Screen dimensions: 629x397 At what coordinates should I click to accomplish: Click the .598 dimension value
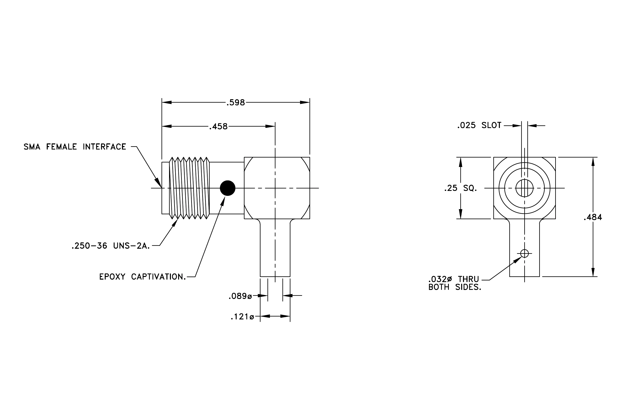[x=236, y=103]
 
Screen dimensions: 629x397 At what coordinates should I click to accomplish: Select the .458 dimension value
[x=218, y=127]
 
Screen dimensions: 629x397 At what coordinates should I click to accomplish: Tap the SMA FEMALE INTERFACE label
[x=75, y=147]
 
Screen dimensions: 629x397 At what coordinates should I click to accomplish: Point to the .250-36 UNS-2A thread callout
[x=111, y=246]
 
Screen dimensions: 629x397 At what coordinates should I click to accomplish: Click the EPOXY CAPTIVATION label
[x=143, y=277]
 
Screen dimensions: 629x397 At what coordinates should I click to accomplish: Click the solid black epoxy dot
[x=227, y=188]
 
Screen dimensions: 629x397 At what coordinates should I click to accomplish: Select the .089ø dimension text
[x=240, y=296]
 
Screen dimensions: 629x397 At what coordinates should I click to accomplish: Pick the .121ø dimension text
[x=242, y=317]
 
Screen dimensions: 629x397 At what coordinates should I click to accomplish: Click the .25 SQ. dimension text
[x=461, y=188]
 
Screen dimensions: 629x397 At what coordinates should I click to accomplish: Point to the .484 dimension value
[x=593, y=217]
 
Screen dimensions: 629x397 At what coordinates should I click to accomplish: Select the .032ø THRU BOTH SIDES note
[x=455, y=283]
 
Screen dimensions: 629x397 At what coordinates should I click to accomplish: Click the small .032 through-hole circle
[x=524, y=253]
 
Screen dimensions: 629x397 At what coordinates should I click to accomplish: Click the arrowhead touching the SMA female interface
[x=158, y=183]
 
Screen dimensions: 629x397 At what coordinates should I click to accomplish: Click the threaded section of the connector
[x=189, y=188]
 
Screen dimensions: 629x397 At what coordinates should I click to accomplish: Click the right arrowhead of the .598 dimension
[x=305, y=102]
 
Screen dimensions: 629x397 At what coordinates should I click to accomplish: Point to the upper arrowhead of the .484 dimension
[x=593, y=162]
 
